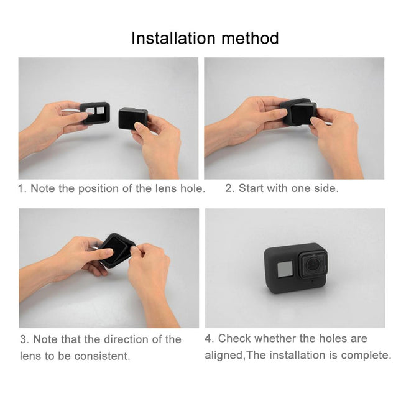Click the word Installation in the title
coord(172,38)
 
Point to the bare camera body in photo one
coord(133,117)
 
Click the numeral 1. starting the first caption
coord(22,188)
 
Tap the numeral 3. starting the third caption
coord(24,339)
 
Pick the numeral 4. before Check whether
coord(210,339)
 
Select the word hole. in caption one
coord(192,188)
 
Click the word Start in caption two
coord(251,188)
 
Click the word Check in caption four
coord(234,339)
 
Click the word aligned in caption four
coord(224,356)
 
